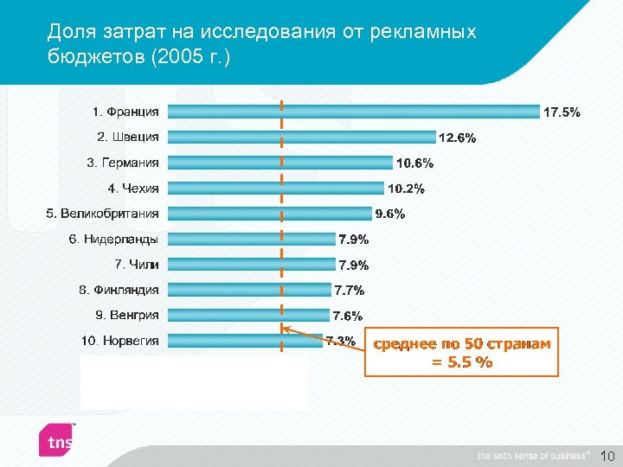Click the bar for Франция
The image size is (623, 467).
tap(353, 111)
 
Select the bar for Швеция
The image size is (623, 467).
tap(301, 137)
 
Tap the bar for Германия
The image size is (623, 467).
tap(279, 162)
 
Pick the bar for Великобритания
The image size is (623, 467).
tap(269, 213)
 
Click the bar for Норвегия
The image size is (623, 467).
tap(245, 340)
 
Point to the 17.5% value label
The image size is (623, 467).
tap(562, 112)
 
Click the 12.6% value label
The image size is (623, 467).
tap(457, 138)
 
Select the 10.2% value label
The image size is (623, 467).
tap(406, 189)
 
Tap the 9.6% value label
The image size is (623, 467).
tap(389, 214)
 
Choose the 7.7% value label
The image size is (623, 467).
tap(350, 291)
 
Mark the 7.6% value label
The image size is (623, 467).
tap(348, 317)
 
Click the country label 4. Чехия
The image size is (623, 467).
tap(133, 188)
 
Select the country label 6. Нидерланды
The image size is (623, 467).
tap(114, 239)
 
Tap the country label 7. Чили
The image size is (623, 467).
tap(137, 264)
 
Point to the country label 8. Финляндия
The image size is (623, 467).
tap(119, 290)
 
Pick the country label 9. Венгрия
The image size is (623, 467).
tap(127, 315)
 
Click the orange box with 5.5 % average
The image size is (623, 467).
tap(461, 353)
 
